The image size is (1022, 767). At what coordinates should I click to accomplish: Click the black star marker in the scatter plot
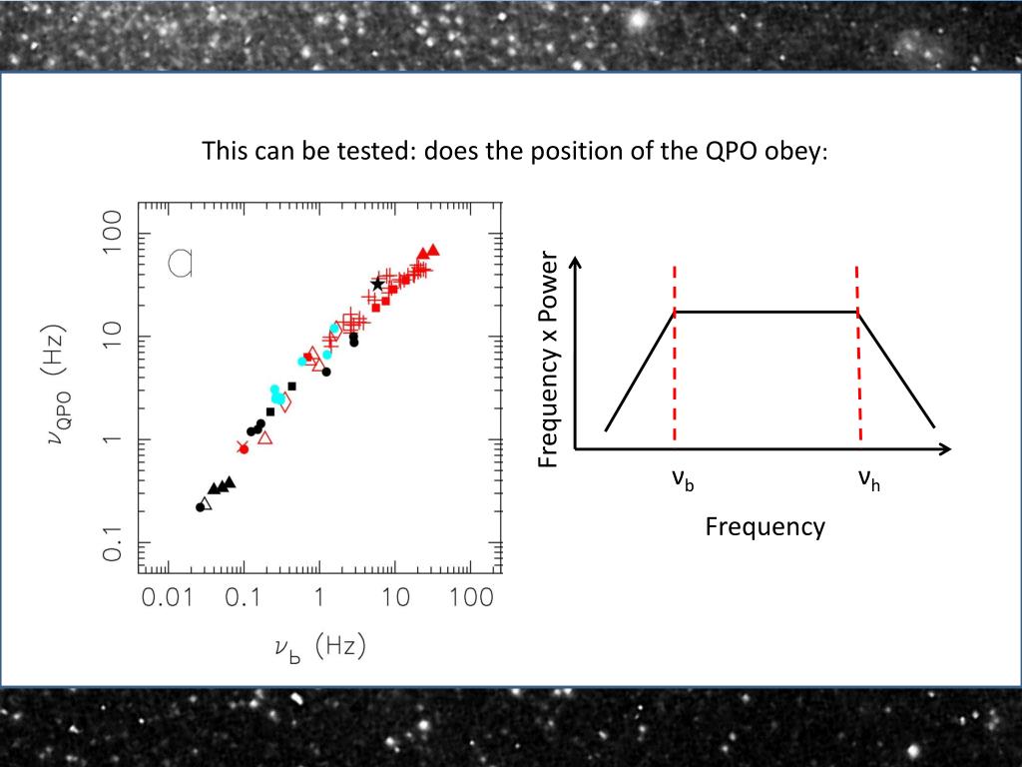377,285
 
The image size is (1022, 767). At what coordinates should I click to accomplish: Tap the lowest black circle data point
200,507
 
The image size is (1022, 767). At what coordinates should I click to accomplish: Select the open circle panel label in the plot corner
180,262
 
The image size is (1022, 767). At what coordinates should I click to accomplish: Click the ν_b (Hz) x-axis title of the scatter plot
320,649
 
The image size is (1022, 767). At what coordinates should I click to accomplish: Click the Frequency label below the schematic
766,526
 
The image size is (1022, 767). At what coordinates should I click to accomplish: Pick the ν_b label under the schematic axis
683,481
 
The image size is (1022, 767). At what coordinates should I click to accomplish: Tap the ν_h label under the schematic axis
868,481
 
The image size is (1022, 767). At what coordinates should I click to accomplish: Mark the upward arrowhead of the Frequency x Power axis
575,264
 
